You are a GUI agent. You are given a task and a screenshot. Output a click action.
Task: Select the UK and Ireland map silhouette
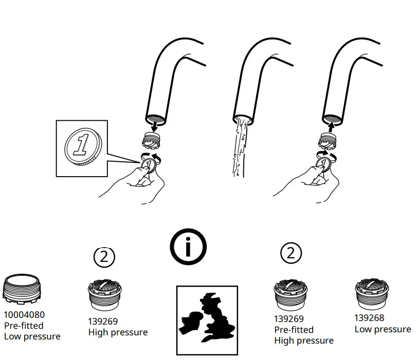pos(207,319)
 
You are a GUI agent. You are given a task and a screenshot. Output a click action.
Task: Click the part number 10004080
pos(24,314)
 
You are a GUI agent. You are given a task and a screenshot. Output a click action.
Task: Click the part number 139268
pos(369,318)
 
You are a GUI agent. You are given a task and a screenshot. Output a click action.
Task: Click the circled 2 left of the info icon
pos(104,256)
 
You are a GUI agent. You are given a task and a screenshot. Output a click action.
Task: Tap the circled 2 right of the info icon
pos(291,253)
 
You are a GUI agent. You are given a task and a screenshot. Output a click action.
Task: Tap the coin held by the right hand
pos(324,166)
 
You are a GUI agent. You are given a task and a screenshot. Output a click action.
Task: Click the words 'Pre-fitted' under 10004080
pos(24,326)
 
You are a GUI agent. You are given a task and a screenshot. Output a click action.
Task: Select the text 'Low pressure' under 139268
pos(382,329)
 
